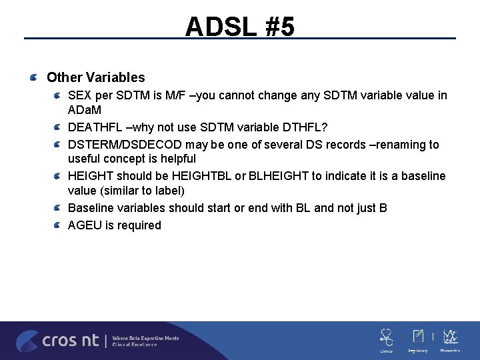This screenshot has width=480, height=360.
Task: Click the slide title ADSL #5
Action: (x=239, y=26)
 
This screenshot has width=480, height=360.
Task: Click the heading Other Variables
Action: (x=95, y=78)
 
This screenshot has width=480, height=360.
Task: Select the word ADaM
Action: (x=85, y=109)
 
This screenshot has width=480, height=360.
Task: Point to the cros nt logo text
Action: (x=70, y=341)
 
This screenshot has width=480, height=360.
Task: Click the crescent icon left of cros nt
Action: (x=27, y=341)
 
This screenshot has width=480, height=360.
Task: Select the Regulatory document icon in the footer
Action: (x=419, y=336)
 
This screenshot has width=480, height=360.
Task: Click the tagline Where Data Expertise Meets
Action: (x=145, y=338)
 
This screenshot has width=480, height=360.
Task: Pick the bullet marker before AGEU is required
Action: (x=58, y=225)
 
